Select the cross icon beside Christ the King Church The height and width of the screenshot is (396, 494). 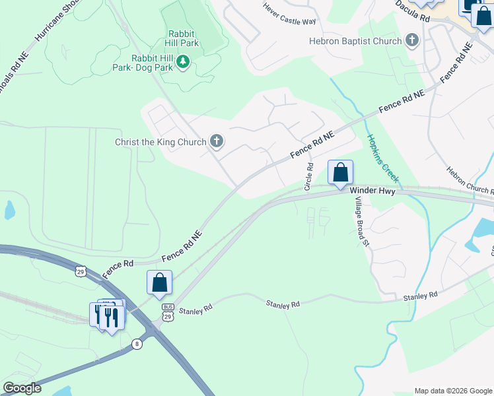[216, 141]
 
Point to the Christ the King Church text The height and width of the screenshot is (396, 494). [160, 141]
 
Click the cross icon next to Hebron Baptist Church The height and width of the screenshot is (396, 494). [412, 41]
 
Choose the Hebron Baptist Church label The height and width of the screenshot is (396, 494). [355, 41]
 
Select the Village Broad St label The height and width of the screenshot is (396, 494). [361, 222]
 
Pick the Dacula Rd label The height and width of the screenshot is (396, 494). [413, 11]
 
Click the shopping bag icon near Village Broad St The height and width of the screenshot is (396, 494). [340, 173]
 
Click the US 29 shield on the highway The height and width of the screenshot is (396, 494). [81, 271]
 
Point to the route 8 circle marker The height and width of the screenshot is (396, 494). [137, 344]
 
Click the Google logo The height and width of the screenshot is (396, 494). [22, 388]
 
